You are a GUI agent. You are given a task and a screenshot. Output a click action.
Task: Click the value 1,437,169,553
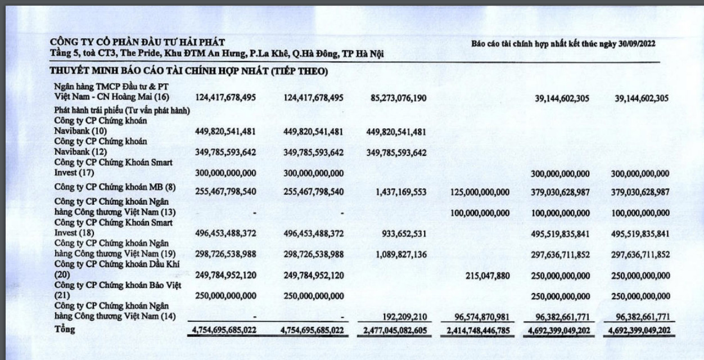coord(400,192)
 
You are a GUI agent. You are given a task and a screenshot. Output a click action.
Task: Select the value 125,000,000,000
coord(480,192)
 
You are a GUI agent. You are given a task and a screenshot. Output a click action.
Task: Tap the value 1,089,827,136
coord(400,254)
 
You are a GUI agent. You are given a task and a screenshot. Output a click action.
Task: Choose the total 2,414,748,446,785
coord(479,330)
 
